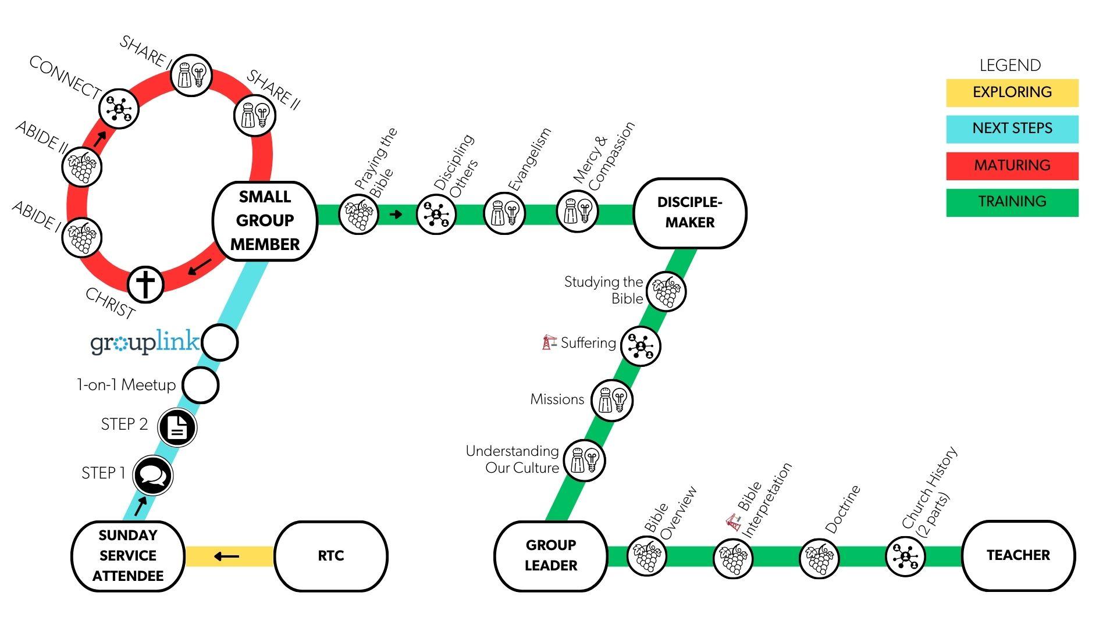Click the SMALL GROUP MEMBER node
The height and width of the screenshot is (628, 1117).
point(265,221)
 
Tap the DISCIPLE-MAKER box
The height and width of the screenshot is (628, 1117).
point(689,213)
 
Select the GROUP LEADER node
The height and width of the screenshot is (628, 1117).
point(550,555)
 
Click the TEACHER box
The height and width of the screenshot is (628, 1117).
point(1018,555)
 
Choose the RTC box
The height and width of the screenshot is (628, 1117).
point(330,556)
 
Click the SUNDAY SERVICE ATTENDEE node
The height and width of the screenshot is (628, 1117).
point(128,556)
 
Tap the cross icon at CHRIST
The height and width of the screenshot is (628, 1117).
point(145,284)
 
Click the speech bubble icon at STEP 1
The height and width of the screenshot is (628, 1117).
point(152,476)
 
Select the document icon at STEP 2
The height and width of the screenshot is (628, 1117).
point(177,427)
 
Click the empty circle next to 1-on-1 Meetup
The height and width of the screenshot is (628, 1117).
point(200,385)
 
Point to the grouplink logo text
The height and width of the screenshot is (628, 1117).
point(145,343)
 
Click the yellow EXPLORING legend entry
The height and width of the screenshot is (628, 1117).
point(1012,92)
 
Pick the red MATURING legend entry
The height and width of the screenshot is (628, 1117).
point(1012,166)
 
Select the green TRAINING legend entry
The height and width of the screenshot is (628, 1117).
point(1012,202)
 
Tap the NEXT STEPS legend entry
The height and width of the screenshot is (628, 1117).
point(1012,129)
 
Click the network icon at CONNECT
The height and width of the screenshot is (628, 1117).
point(119,109)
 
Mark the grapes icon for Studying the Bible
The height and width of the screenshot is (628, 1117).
point(666,291)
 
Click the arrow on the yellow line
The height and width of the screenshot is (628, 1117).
point(226,556)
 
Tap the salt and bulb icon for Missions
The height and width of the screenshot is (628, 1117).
point(611,400)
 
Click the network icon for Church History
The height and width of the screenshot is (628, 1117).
point(905,556)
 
